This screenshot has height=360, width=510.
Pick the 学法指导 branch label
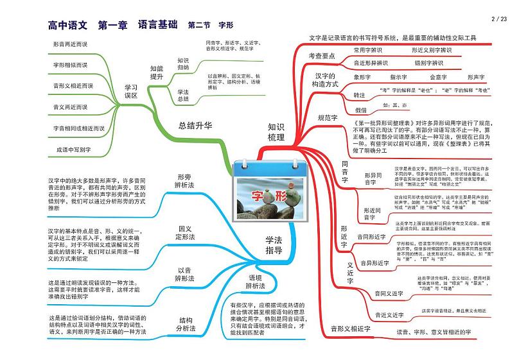274,245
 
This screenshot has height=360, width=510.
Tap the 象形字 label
363,77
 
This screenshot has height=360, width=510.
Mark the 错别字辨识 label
428,63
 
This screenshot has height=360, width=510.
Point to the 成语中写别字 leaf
75,150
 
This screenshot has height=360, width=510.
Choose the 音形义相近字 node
351,329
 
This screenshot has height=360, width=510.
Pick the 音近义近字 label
389,314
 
